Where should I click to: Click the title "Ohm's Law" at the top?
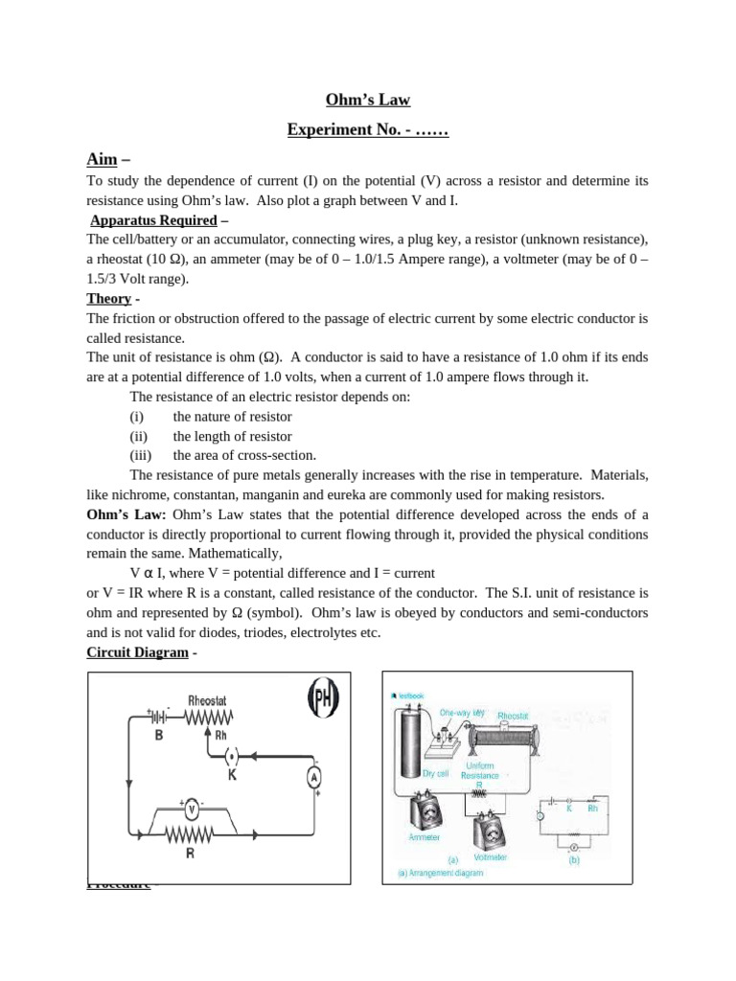tap(368, 98)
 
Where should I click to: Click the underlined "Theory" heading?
tap(108, 298)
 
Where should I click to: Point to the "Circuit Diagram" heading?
tap(139, 652)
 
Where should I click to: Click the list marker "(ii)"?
tap(138, 436)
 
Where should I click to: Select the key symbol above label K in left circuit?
tap(231, 755)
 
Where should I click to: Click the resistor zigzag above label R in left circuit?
tap(191, 836)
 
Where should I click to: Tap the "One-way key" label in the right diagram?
tap(463, 713)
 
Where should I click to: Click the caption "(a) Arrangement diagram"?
tap(441, 874)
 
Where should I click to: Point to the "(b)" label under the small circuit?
tap(573, 860)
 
